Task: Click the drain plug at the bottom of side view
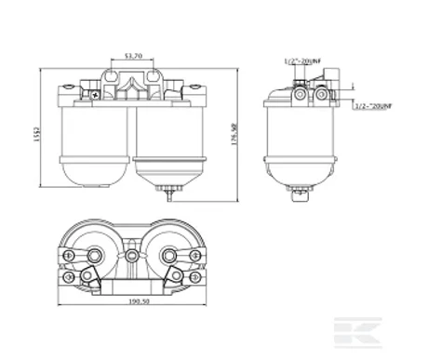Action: tap(300, 194)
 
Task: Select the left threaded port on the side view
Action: tap(301, 94)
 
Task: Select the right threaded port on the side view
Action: tap(321, 94)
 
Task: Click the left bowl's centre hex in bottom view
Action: tap(97, 254)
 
